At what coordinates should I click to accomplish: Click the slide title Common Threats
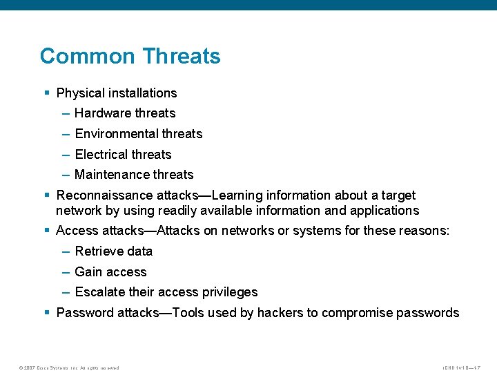[130, 56]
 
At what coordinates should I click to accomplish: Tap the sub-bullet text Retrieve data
[113, 251]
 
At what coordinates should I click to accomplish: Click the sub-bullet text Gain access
[110, 272]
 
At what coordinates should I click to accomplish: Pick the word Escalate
[100, 292]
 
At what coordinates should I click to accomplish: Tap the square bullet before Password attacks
[47, 313]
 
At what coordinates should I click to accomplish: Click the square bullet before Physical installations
[47, 93]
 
